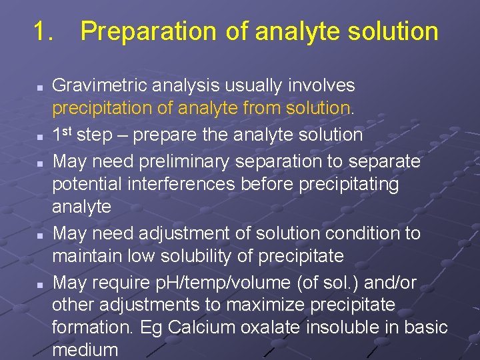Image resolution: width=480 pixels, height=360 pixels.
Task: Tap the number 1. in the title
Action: point(44,31)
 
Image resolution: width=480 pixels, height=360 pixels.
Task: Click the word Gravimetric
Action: point(101,85)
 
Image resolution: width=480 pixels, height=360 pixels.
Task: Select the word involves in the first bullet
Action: point(321,85)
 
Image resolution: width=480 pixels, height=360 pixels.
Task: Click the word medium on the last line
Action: point(85,350)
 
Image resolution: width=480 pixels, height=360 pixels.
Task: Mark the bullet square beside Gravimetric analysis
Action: point(40,87)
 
